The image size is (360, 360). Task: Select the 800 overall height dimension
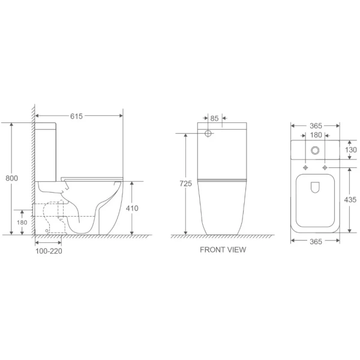(11, 178)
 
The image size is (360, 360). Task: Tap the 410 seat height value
(132, 208)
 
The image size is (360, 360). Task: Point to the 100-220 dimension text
(48, 251)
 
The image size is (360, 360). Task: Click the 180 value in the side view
(22, 223)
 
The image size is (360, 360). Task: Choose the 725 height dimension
(185, 184)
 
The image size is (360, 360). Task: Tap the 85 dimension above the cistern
(215, 118)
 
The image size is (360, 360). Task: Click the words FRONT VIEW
(223, 250)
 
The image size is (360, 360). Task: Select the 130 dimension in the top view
(350, 149)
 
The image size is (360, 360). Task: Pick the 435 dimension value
(350, 199)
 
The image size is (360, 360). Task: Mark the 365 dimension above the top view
(315, 125)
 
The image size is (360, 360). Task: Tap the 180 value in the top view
(315, 136)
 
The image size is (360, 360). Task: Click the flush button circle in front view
(208, 133)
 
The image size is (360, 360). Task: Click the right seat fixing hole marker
(325, 166)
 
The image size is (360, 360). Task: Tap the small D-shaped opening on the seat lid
(316, 188)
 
